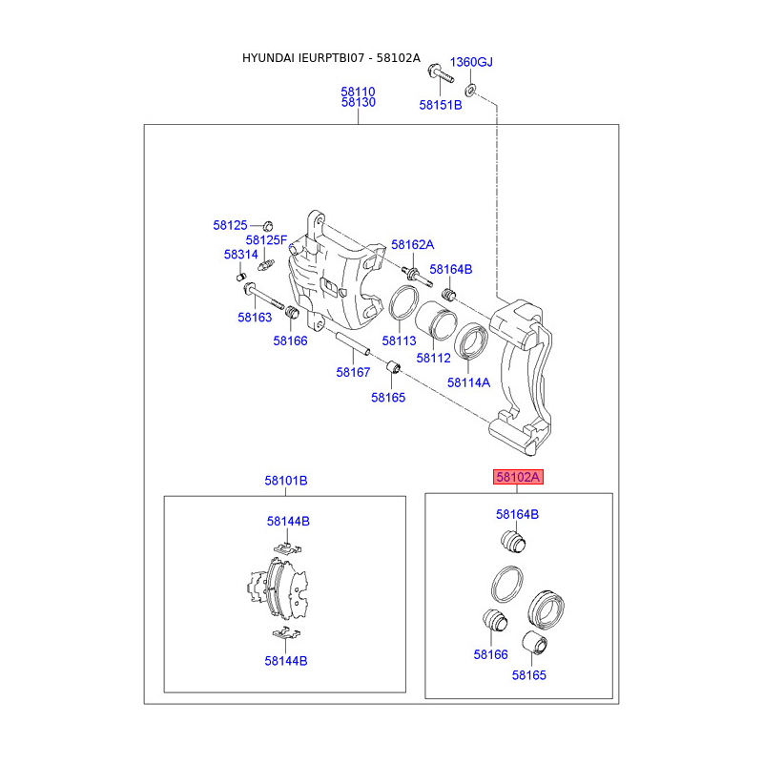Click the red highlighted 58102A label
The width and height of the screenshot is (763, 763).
coord(517,477)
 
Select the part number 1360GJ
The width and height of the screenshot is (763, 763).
coord(471,62)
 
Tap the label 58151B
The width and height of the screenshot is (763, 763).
coord(440,104)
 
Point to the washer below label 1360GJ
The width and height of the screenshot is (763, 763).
coord(471,91)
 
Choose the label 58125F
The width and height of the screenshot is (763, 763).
coord(266,239)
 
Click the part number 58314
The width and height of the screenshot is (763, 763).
coord(240,255)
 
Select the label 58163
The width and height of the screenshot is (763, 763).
coord(255,317)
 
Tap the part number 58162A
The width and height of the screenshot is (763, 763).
coord(412,244)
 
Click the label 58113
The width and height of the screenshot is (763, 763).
coord(400,340)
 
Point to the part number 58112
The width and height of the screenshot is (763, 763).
coord(434,358)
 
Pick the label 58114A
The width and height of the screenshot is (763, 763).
coord(468,381)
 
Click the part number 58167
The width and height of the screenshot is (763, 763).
coord(353,372)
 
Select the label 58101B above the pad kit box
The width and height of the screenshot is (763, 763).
coord(286,481)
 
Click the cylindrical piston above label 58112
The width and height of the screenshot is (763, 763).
coord(439,321)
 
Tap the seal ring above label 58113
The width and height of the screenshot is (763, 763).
coord(403,302)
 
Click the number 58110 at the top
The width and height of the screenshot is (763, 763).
coord(358,92)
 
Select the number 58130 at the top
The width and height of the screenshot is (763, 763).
coord(358,102)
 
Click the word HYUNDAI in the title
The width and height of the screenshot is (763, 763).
coord(271,58)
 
